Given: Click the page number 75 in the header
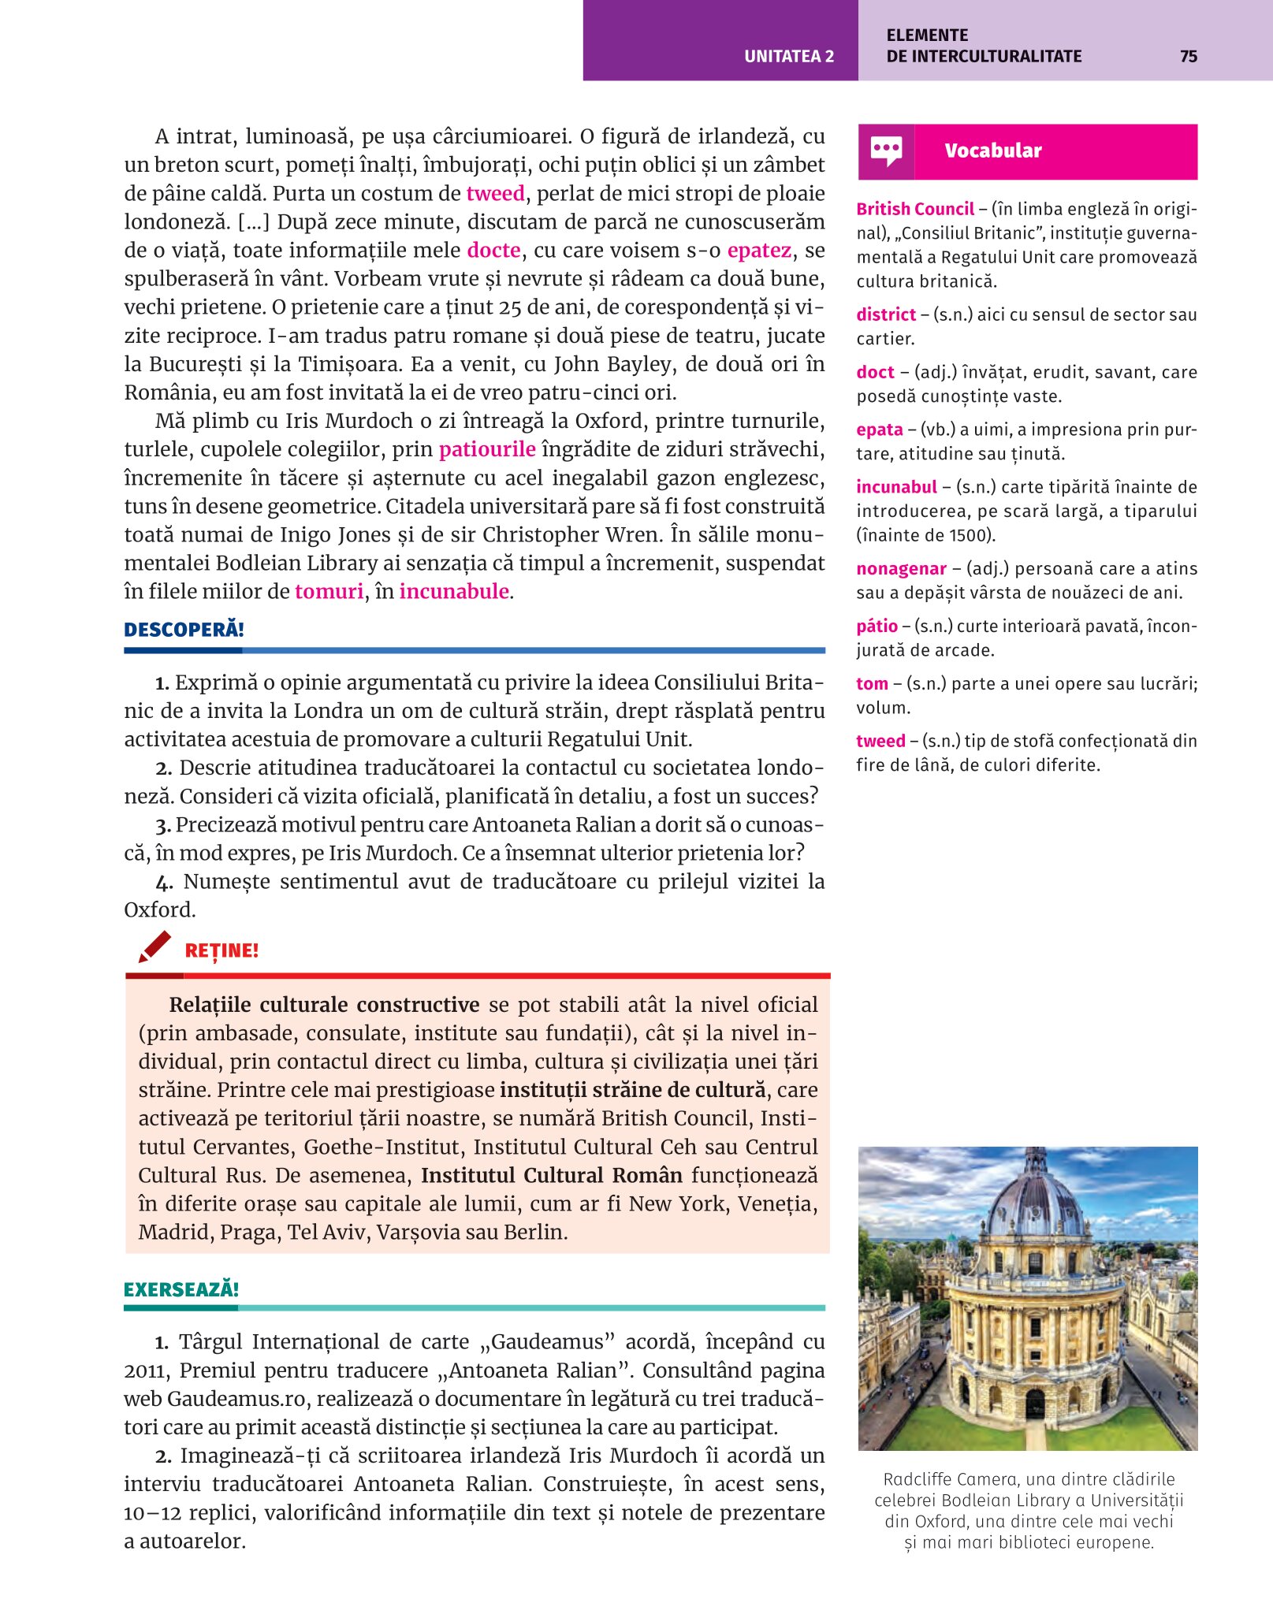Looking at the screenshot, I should [1188, 57].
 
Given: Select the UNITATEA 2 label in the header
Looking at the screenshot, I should [788, 57].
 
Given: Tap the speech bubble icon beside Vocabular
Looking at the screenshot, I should [886, 151].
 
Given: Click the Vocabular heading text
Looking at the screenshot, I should [992, 151].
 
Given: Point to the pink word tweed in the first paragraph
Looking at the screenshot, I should [495, 194].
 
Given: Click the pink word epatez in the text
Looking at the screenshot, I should [759, 251].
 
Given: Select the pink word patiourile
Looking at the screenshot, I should [487, 449].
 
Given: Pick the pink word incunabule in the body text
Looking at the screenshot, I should [454, 592].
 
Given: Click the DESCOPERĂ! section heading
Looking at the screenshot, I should [184, 630].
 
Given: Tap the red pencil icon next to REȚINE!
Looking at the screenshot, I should [154, 946].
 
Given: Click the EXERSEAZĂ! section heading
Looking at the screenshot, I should [181, 1290].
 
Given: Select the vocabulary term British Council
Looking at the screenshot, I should [915, 209].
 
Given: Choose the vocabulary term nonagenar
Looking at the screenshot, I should [901, 569].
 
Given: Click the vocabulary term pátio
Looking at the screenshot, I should [877, 627].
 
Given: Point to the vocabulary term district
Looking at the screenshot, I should [886, 315].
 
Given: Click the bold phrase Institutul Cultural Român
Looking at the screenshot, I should [552, 1176].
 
